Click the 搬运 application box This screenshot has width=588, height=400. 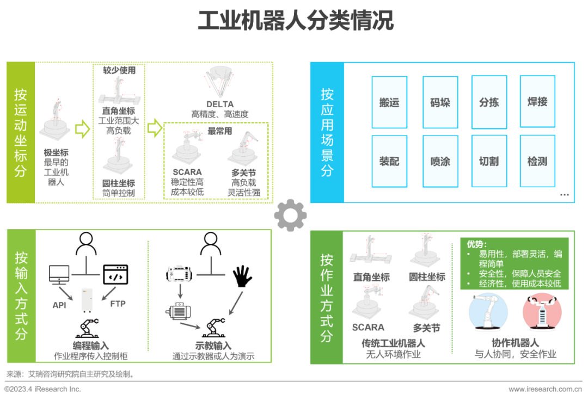click(x=389, y=102)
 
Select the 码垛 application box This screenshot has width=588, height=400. click(x=440, y=102)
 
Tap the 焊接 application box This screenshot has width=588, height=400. click(x=537, y=102)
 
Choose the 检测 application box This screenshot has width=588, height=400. click(x=537, y=162)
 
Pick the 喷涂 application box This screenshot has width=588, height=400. click(x=440, y=162)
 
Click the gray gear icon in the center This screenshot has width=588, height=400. click(x=290, y=216)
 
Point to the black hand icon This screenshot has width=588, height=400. click(x=243, y=277)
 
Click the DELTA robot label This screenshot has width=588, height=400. click(x=220, y=104)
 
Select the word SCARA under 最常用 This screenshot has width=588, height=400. click(x=187, y=173)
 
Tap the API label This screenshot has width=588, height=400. click(x=59, y=305)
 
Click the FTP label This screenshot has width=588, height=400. click(x=118, y=304)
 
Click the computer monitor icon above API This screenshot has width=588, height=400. click(x=59, y=275)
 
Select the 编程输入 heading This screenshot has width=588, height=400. click(x=91, y=346)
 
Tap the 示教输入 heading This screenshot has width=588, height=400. click(x=213, y=346)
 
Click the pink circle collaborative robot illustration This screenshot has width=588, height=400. click(x=538, y=313)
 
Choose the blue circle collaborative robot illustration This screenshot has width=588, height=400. click(x=488, y=313)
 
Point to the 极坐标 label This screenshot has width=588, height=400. click(x=56, y=153)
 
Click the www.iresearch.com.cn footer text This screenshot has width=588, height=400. click(x=548, y=389)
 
